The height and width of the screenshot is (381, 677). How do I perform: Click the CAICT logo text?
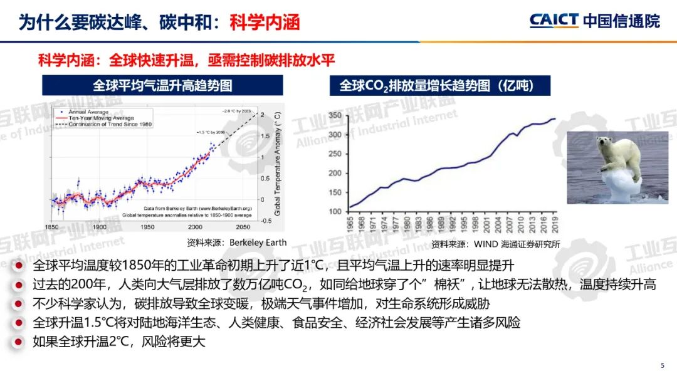click(x=554, y=20)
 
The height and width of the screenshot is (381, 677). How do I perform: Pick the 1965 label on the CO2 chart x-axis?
click(x=350, y=223)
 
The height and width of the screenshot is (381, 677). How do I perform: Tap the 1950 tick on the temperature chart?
click(x=147, y=227)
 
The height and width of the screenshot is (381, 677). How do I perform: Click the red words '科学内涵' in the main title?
click(x=265, y=23)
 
